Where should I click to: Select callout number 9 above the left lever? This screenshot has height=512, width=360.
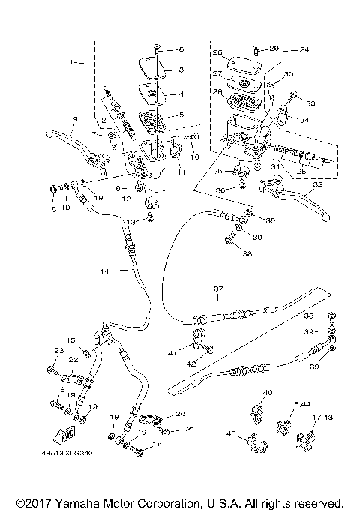(75, 121)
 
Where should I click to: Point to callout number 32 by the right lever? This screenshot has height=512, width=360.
(319, 183)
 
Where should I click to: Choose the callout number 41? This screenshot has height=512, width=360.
(172, 352)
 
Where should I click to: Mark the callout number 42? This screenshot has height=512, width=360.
(190, 363)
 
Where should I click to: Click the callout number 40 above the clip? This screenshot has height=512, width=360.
(268, 393)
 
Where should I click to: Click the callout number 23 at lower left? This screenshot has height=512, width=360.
(59, 350)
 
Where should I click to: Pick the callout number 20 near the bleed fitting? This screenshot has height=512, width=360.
(179, 415)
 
